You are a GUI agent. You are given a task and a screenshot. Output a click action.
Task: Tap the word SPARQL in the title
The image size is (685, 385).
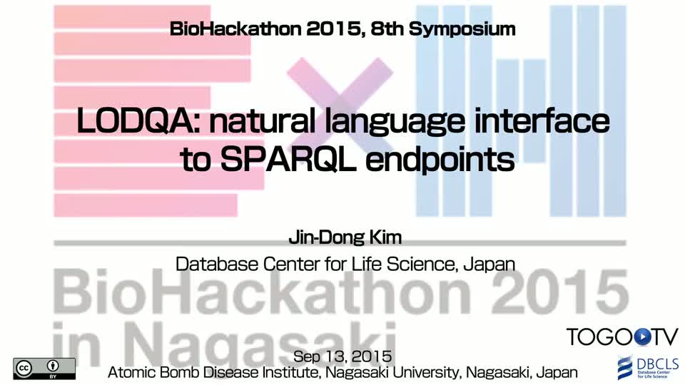tap(288, 159)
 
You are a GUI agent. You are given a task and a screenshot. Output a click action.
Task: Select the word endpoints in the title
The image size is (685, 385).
tap(440, 160)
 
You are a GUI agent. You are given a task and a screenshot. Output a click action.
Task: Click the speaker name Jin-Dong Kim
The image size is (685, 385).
tap(345, 237)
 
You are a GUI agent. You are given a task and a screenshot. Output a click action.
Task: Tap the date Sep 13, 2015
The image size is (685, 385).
tap(342, 356)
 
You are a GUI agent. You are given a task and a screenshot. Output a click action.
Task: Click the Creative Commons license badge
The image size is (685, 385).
tap(44, 369)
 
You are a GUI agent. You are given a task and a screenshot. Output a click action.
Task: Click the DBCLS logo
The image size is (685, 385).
tap(648, 368)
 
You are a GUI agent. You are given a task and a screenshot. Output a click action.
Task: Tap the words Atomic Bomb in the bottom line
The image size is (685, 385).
tap(154, 372)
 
